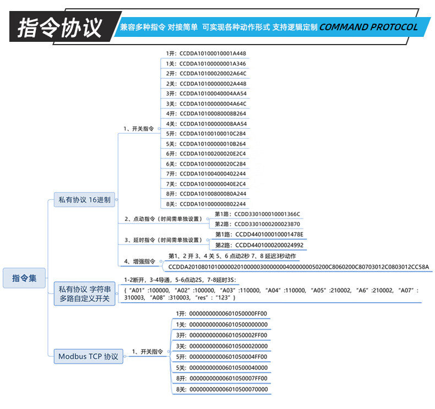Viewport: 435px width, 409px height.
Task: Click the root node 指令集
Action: [x=25, y=279]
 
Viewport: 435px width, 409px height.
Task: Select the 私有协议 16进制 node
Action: [x=84, y=200]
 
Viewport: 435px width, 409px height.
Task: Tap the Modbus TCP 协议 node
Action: [x=88, y=356]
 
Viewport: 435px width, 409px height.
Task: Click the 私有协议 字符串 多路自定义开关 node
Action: [x=84, y=293]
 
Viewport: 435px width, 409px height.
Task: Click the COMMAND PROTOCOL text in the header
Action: [x=368, y=27]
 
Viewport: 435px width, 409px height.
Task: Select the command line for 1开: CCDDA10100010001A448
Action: [x=206, y=53]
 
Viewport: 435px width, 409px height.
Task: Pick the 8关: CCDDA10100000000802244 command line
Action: [x=206, y=204]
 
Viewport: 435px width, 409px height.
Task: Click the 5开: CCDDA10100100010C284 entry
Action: [x=206, y=134]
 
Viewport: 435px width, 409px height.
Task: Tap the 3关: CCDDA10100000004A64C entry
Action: [x=206, y=103]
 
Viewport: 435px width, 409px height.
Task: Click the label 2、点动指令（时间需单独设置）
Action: [x=163, y=219]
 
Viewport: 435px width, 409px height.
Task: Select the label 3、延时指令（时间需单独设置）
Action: [x=163, y=240]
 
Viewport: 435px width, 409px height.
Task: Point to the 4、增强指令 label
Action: [x=140, y=261]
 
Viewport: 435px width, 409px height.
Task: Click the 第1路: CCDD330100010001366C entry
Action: [x=257, y=214]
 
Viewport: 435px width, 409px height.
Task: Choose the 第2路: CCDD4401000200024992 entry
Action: [x=259, y=245]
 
